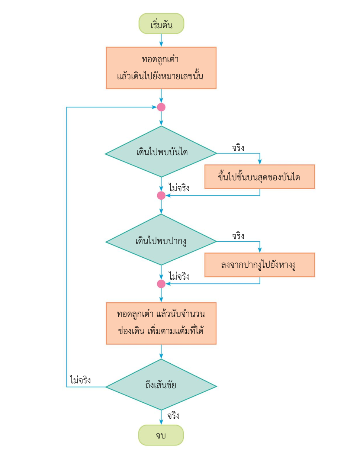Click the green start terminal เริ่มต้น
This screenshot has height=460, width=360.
(161, 24)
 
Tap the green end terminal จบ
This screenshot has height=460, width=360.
(161, 435)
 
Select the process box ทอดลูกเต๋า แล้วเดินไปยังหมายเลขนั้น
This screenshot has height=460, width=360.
(161, 68)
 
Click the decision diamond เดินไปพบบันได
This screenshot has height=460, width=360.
(161, 152)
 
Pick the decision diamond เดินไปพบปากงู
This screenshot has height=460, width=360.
(161, 241)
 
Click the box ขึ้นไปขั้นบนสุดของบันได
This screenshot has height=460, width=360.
(260, 177)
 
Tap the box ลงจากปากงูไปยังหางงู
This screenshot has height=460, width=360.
(260, 265)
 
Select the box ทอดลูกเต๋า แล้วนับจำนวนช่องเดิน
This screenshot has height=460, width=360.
(161, 323)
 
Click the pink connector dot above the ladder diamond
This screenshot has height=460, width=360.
(161, 107)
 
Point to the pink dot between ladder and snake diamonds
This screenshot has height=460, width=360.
(161, 195)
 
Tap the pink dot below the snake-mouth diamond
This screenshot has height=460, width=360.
(161, 284)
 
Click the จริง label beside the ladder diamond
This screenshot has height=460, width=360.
(238, 148)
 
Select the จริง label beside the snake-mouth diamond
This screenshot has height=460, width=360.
(238, 236)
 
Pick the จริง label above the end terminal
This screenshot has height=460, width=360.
(173, 416)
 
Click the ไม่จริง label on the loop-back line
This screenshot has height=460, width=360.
(80, 380)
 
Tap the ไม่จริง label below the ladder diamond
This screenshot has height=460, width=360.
(179, 188)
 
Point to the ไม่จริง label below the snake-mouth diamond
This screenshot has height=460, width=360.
(179, 276)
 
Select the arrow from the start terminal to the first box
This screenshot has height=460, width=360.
(161, 40)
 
